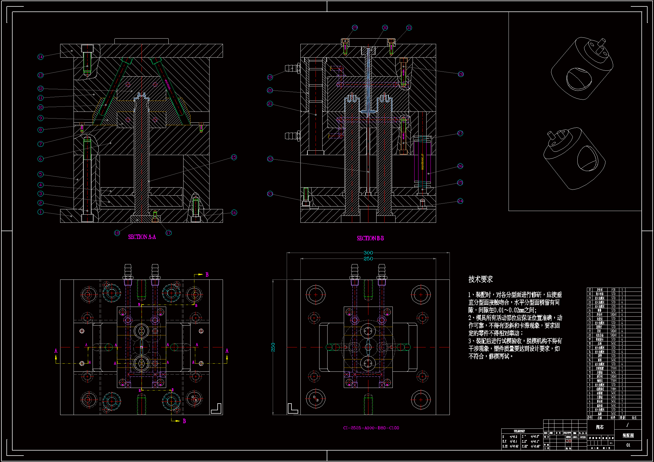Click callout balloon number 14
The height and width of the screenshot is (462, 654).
pos(41,57)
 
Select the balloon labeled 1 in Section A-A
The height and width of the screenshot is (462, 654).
pos(41,212)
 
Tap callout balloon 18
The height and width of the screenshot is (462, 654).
pos(117,233)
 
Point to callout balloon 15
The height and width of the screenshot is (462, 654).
pos(234,157)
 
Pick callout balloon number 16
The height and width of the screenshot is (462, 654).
pos(234,213)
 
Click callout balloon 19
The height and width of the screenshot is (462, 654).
pos(270,77)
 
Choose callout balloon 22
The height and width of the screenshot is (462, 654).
pos(270,159)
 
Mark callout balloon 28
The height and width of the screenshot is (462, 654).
pos(461,74)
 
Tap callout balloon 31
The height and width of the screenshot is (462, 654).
pos(409,28)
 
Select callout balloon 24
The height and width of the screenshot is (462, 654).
pos(460,201)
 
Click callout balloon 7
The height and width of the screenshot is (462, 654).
pos(41,144)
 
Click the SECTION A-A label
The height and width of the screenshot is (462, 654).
pos(142,237)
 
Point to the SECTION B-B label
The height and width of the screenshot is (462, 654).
pos(370,238)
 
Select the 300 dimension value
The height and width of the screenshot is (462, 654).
pos(368,253)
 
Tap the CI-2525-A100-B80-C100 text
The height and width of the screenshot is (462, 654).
pos(371,428)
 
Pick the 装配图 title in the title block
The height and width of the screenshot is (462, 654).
pos(628,436)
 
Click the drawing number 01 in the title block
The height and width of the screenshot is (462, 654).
pos(628,445)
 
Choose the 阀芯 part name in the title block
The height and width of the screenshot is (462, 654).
pos(600,427)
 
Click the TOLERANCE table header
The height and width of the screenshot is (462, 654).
pos(519,431)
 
